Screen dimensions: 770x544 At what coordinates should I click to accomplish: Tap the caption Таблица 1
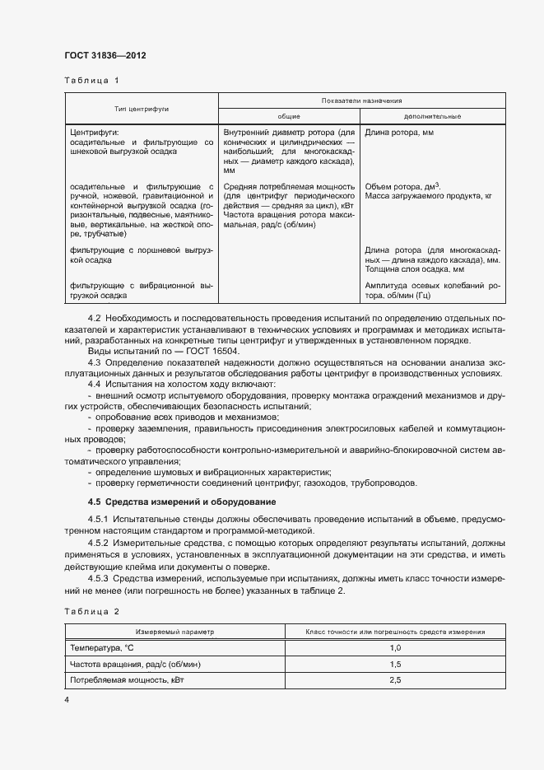pyautogui.click(x=91, y=81)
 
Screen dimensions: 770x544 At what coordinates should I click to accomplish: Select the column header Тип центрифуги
pyautogui.click(x=142, y=108)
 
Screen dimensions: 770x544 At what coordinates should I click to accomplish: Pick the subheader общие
pyautogui.click(x=288, y=116)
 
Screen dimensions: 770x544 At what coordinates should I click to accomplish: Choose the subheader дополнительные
pyautogui.click(x=433, y=116)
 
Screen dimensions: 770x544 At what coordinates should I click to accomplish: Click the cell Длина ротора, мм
pyautogui.click(x=399, y=132)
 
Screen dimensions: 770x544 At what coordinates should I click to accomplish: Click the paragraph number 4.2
pyautogui.click(x=94, y=319)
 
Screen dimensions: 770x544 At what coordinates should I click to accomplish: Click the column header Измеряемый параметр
pyautogui.click(x=174, y=632)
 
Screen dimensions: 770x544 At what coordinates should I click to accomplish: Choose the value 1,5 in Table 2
pyautogui.click(x=394, y=664)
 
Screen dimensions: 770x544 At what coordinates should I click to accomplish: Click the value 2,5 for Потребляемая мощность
pyautogui.click(x=394, y=680)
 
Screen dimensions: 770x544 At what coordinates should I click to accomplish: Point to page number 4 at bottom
pyautogui.click(x=67, y=699)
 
